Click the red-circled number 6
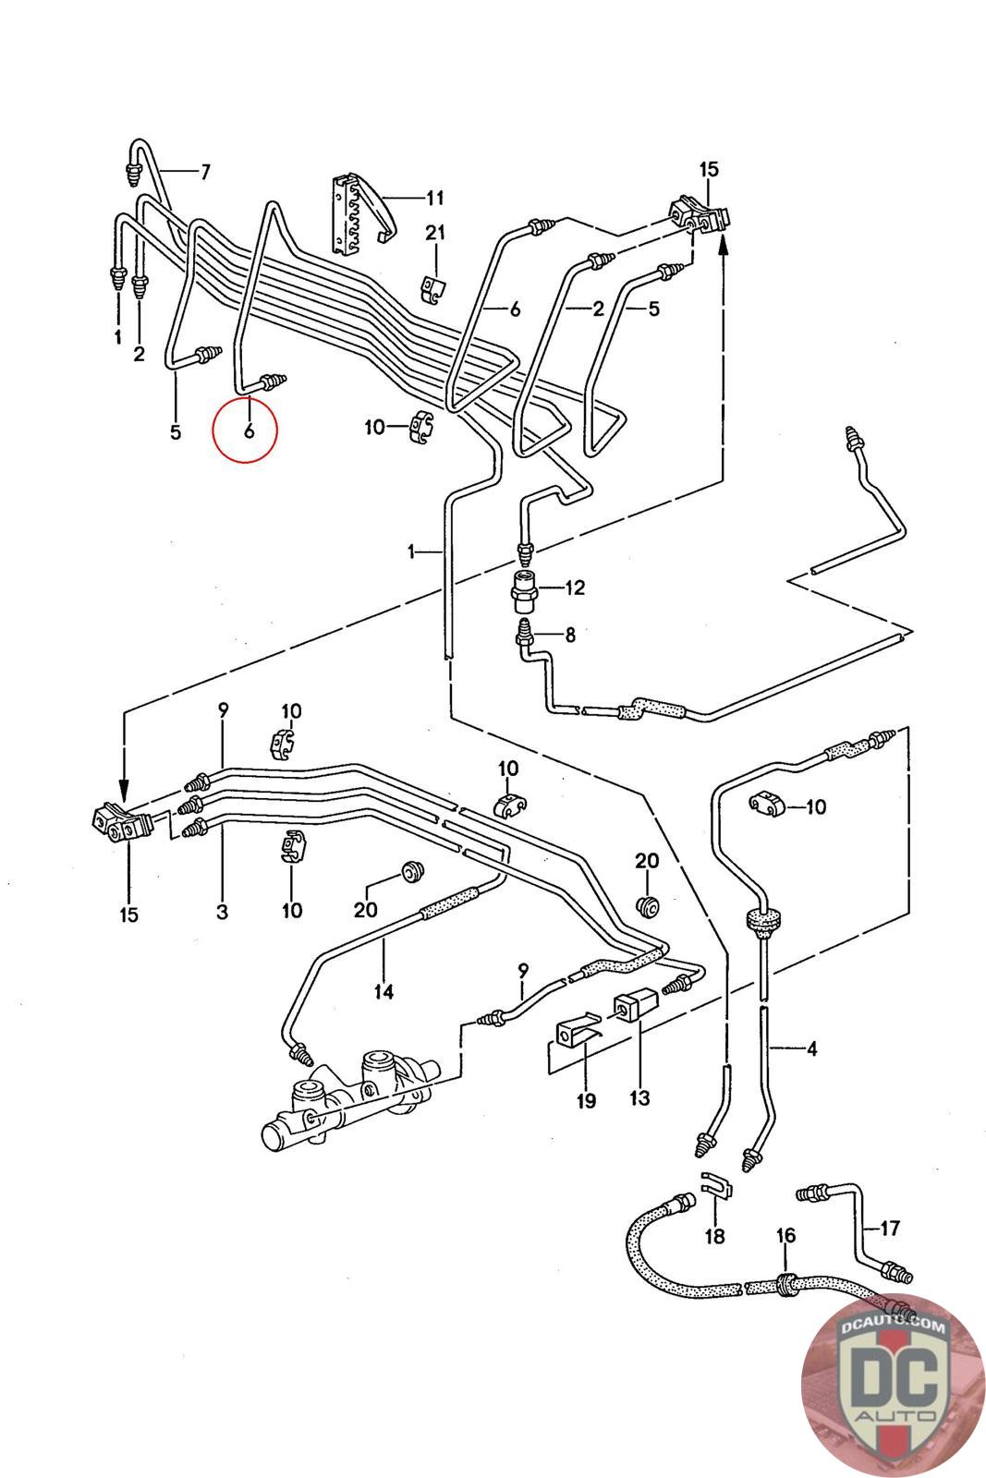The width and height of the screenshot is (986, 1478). tap(249, 430)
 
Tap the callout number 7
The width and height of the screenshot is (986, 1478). tap(205, 172)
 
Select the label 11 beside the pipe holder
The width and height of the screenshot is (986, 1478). tap(435, 198)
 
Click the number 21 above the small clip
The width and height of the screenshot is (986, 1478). tap(435, 233)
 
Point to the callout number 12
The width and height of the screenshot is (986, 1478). tap(575, 588)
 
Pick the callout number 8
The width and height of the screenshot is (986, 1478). tap(570, 635)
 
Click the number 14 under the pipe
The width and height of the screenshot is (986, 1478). tap(383, 991)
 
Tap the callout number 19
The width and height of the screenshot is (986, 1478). tap(587, 1100)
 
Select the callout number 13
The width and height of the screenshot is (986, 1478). tap(639, 1097)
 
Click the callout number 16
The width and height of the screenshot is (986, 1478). tap(785, 1234)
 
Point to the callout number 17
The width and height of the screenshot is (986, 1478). tap(890, 1228)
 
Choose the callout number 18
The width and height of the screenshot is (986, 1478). tap(714, 1235)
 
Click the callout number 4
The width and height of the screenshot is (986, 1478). tap(811, 1048)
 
